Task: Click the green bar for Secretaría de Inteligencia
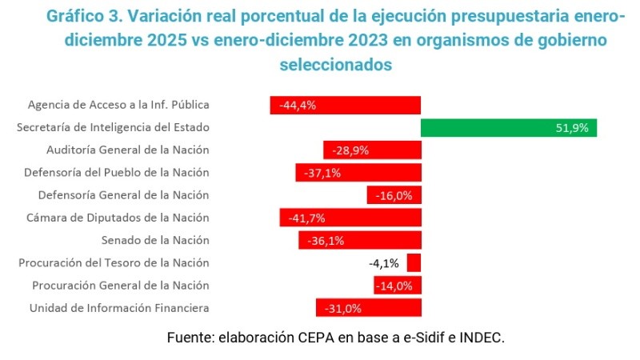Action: point(508,128)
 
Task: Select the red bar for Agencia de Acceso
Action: point(345,105)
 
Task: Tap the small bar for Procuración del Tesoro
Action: point(414,263)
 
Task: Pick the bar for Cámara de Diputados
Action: point(350,218)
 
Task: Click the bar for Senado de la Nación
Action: point(360,240)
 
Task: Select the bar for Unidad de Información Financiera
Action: point(368,308)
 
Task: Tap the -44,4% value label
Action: point(294,105)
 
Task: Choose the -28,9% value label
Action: point(346,150)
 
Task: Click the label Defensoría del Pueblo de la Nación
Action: point(116,172)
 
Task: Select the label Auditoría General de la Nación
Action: point(127,150)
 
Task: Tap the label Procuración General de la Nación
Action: point(120,286)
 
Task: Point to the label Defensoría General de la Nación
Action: point(123,194)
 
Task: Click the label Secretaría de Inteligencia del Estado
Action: point(113,127)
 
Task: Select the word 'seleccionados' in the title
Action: point(335,64)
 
